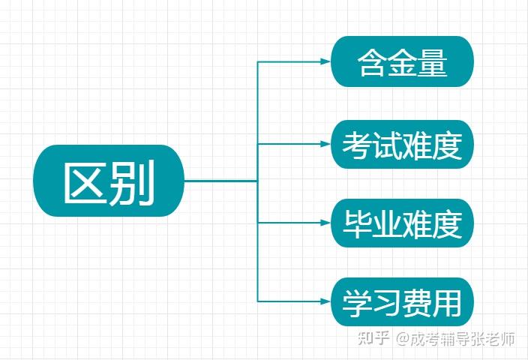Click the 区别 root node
coord(109,181)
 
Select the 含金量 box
coord(403,61)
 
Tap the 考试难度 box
coord(403,144)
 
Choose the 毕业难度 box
coord(403,223)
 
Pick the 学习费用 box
coord(403,301)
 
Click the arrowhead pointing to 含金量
coord(325,61)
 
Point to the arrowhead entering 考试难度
coord(325,144)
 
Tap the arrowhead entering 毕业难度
coord(325,223)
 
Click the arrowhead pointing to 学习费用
coord(325,301)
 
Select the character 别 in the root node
coord(131,182)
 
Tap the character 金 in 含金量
coord(402,63)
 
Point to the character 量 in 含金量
coord(432,63)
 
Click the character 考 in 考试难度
coord(357,145)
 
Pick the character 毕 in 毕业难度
coord(357,224)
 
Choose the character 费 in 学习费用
coord(417,303)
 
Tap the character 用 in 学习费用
coord(447,303)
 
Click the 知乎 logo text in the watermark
coord(373,338)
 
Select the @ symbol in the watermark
coord(402,338)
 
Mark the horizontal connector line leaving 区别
coord(221,181)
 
